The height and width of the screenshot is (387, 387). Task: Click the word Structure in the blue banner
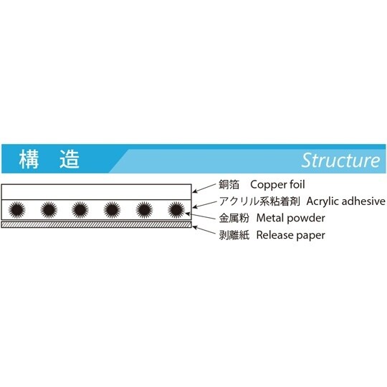(340, 160)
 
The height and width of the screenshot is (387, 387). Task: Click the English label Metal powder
(290, 218)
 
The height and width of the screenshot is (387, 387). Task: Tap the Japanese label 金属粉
(234, 218)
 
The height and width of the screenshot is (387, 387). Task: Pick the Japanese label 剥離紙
(234, 234)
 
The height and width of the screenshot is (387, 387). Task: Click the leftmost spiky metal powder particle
(16, 209)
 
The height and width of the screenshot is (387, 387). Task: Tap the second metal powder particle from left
(49, 209)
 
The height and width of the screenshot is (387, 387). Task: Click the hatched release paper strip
(97, 224)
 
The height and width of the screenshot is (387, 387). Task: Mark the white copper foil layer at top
(97, 191)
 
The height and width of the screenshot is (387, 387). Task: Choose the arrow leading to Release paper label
(203, 229)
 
